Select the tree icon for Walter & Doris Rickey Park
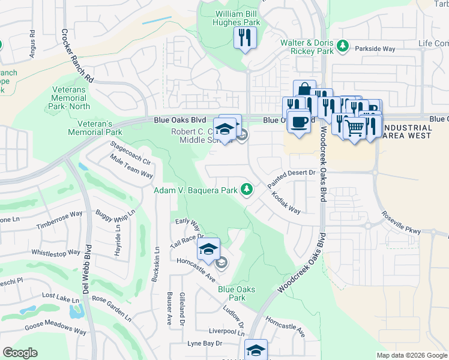[x=343, y=45]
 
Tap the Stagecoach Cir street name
[x=130, y=149]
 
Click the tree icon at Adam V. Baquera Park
[x=246, y=190]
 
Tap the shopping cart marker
[x=355, y=127]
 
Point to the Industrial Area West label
[x=406, y=131]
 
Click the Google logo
[x=20, y=353]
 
